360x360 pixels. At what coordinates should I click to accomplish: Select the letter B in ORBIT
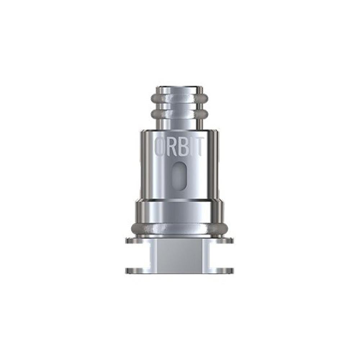182,147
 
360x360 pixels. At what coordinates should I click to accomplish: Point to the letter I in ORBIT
190,147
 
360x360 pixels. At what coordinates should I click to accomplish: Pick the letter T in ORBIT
198,147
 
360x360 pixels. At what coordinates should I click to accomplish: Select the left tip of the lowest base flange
127,270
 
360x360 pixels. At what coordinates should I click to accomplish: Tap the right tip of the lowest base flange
233,270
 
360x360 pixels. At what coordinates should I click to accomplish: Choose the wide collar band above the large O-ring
179,211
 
